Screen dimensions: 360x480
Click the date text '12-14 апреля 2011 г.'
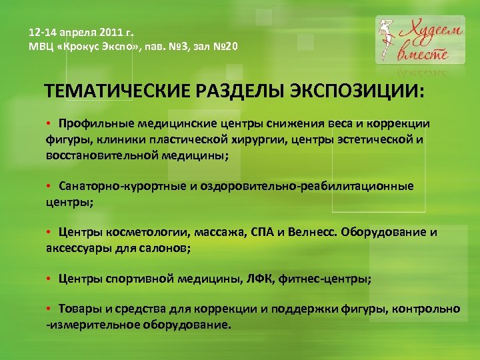[x=82, y=32]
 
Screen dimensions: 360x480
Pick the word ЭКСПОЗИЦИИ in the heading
[x=354, y=91]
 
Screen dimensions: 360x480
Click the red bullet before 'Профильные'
[x=49, y=124]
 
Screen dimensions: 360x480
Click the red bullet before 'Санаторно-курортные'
[x=49, y=187]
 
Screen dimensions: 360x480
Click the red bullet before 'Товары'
[x=49, y=309]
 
